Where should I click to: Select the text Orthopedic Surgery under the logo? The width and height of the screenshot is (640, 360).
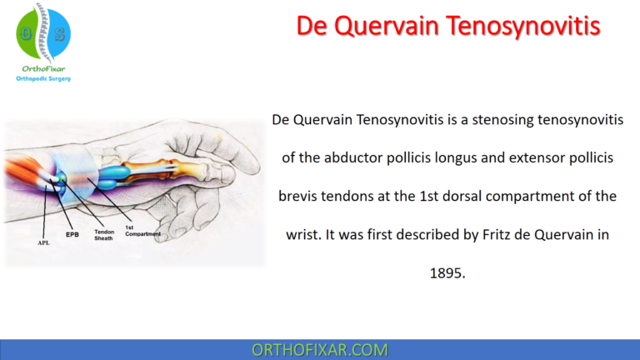point(44,78)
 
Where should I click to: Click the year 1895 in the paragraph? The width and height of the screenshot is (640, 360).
point(448,273)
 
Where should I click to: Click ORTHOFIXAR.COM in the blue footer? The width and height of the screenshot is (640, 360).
point(320,349)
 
